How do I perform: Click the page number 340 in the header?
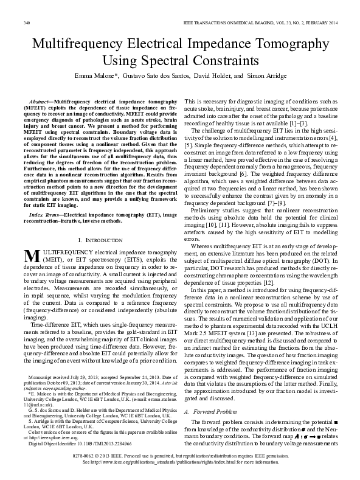tap(27, 23)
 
